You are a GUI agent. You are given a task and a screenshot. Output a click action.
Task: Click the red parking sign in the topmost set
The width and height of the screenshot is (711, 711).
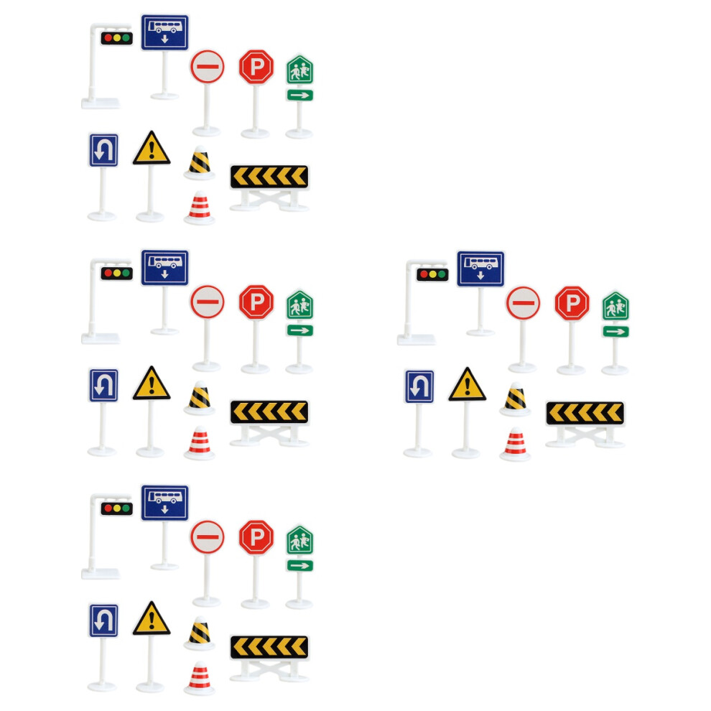coord(256,67)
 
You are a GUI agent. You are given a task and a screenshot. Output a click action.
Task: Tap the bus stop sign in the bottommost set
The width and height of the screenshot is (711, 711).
coord(164,503)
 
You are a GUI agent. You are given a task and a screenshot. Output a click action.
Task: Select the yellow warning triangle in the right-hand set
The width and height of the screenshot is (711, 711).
coord(467,384)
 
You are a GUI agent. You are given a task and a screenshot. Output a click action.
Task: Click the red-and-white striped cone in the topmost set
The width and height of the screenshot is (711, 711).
coord(200,208)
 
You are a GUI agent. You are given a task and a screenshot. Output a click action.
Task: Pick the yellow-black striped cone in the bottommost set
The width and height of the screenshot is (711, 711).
coord(200,633)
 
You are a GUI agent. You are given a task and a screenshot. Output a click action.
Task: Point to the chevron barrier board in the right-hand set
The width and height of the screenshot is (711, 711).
coord(585,413)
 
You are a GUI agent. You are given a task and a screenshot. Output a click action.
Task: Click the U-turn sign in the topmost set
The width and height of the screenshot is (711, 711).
coord(103,150)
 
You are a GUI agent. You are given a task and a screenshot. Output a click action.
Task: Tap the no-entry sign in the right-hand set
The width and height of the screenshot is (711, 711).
coord(523,303)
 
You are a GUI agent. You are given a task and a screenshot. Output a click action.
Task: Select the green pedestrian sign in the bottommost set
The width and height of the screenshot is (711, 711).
coord(299,541)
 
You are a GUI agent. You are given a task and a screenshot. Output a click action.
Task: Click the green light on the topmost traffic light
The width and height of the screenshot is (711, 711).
coord(126,38)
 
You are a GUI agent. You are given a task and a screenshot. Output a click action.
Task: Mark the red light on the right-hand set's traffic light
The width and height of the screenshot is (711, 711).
coord(424,274)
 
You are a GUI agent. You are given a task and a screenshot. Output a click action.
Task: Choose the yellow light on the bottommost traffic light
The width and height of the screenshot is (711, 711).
coord(117,508)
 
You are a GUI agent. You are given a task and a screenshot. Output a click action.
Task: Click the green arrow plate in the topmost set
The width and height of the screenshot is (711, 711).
coord(299,96)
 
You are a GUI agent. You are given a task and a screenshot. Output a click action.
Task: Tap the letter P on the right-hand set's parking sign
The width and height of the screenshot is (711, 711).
coord(572,303)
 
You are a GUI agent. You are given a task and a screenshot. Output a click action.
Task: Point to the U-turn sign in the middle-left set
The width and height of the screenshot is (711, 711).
coord(103,386)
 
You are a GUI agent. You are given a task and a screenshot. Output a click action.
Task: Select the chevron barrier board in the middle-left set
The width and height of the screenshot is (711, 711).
coord(269,412)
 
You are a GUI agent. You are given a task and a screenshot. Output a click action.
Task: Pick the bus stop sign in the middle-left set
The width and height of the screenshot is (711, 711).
coord(164,268)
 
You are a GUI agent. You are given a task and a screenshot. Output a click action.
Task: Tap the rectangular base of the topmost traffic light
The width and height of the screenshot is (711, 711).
coord(101,103)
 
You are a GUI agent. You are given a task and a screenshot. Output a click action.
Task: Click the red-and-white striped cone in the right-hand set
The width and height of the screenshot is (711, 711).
coord(515,445)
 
